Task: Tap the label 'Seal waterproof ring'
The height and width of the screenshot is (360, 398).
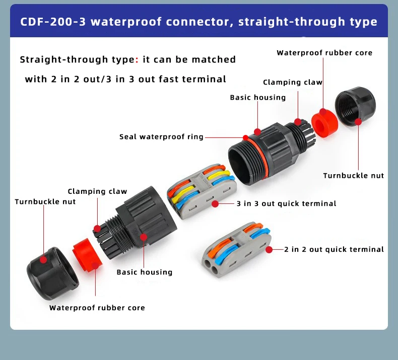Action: [161, 136]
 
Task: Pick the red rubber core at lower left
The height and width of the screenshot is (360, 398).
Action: [88, 256]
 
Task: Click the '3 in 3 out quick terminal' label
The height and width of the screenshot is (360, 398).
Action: [286, 203]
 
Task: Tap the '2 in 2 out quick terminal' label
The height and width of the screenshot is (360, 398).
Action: [334, 249]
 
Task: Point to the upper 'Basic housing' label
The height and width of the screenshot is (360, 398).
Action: [257, 97]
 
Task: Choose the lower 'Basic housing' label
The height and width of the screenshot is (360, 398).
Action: [144, 272]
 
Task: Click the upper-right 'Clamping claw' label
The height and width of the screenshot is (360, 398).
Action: [292, 82]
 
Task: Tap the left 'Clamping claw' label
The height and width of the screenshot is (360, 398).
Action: [97, 191]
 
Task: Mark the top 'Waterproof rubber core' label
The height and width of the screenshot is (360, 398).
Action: [324, 52]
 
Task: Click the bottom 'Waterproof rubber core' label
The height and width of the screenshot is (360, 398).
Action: [97, 308]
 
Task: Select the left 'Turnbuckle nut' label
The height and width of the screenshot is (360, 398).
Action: [45, 201]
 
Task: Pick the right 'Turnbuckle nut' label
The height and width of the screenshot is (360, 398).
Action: [353, 175]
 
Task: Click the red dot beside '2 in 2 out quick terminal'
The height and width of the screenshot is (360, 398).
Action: [269, 249]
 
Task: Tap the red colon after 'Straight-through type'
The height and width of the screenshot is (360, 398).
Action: [137, 60]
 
